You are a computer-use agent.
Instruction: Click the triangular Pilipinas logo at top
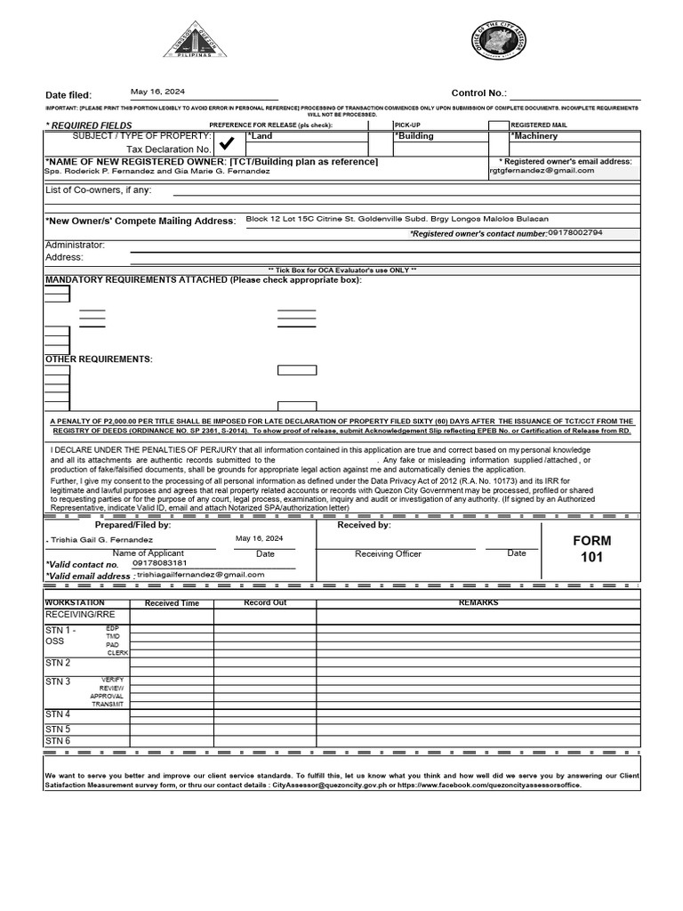tap(195, 40)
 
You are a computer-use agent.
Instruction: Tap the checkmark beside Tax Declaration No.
tap(227, 143)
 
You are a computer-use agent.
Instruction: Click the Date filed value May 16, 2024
tap(157, 91)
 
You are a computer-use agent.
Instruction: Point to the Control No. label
tap(478, 93)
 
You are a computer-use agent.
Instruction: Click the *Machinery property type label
tap(534, 136)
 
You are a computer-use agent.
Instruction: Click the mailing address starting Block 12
tap(397, 219)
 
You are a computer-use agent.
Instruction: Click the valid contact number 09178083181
tap(159, 563)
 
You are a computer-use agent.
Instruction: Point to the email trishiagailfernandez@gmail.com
tap(201, 575)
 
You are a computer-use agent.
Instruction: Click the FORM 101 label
tap(591, 549)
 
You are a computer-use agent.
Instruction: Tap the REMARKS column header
tap(478, 603)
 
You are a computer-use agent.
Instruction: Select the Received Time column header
tap(172, 604)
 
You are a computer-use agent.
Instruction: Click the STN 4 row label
tap(58, 714)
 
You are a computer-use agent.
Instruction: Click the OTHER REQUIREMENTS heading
tap(99, 359)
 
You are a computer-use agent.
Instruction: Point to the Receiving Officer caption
tap(388, 554)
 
